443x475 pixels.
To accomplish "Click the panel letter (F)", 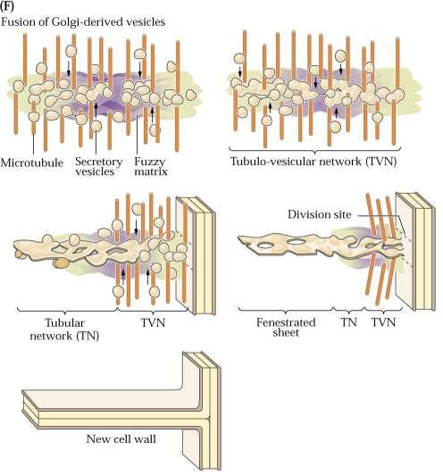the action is [6, 6].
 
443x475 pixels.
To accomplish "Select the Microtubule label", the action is [32, 163].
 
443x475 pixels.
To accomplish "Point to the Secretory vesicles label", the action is [98, 167].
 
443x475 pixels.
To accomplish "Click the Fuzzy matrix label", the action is [151, 167].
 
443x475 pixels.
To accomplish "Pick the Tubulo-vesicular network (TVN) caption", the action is [313, 162].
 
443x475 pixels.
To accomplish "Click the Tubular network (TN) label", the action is [64, 329].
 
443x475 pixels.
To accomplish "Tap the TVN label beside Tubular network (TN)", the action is [154, 323].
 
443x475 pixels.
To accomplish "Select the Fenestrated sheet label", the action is [286, 328].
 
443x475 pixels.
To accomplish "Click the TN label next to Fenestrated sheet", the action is [349, 322].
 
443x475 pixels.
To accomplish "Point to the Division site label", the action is [320, 215].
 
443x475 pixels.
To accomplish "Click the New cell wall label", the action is [121, 439].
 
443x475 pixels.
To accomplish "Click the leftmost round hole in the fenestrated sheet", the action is [264, 245].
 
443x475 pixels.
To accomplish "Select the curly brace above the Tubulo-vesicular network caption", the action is [314, 149].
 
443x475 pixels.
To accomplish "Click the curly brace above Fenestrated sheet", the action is [286, 310].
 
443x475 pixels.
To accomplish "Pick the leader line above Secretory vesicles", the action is [96, 142].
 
